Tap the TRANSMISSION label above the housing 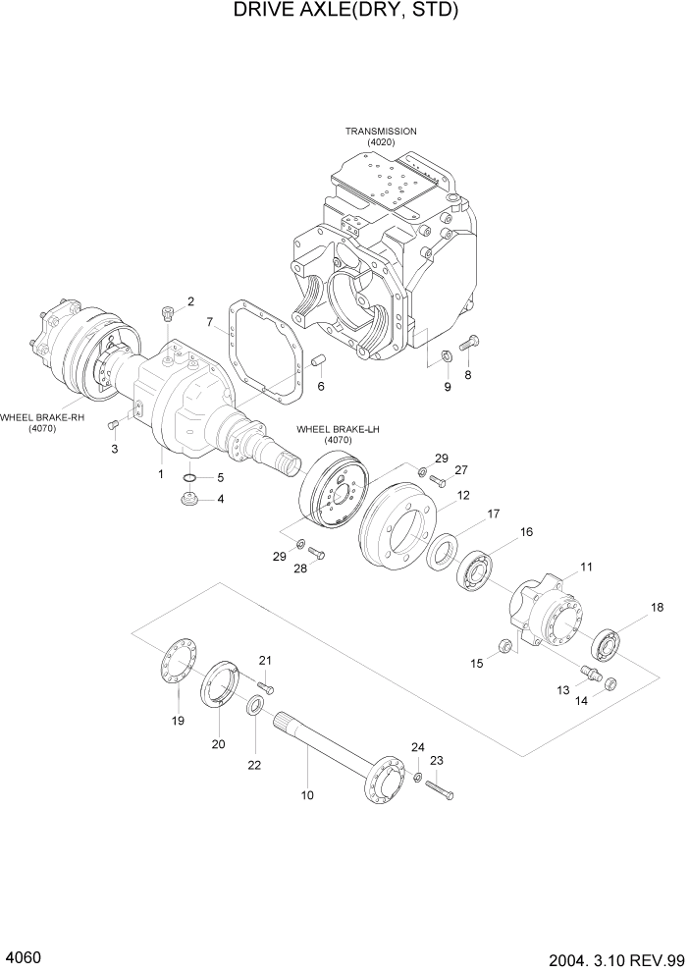[380, 131]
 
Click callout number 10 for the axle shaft [307, 795]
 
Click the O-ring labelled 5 [192, 478]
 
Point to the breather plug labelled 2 [167, 314]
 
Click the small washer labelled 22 [255, 705]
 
